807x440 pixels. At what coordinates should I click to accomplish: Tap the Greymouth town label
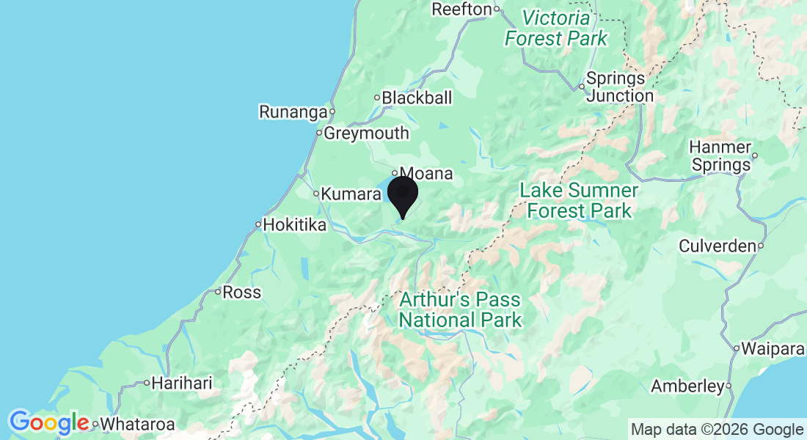pyautogui.click(x=365, y=133)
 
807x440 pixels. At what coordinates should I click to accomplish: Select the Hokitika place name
pyautogui.click(x=294, y=225)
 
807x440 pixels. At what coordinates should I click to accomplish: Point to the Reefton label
pyautogui.click(x=461, y=9)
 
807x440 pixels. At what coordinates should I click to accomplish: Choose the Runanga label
pyautogui.click(x=292, y=112)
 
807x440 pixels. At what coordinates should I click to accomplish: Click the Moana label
pyautogui.click(x=426, y=174)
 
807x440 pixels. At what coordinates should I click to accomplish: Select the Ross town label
pyautogui.click(x=241, y=292)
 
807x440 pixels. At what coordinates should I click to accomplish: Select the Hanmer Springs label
pyautogui.click(x=721, y=156)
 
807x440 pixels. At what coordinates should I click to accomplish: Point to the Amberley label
pyautogui.click(x=687, y=386)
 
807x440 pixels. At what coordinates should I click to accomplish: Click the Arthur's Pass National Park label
pyautogui.click(x=460, y=309)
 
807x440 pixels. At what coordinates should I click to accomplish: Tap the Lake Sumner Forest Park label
pyautogui.click(x=579, y=201)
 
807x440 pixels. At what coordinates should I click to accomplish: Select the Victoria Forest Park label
pyautogui.click(x=556, y=28)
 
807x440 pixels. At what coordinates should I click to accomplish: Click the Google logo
pyautogui.click(x=49, y=422)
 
